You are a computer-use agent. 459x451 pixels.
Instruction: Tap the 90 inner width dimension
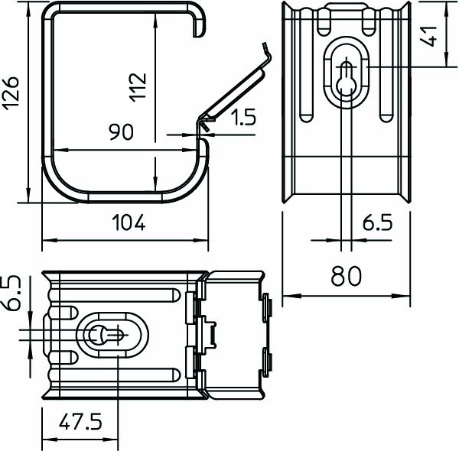pyautogui.click(x=121, y=132)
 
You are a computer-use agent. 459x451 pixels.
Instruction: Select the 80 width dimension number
pyautogui.click(x=346, y=275)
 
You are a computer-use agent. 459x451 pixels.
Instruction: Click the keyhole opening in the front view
pyautogui.click(x=347, y=76)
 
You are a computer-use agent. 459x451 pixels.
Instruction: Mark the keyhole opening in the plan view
pyautogui.click(x=101, y=335)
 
